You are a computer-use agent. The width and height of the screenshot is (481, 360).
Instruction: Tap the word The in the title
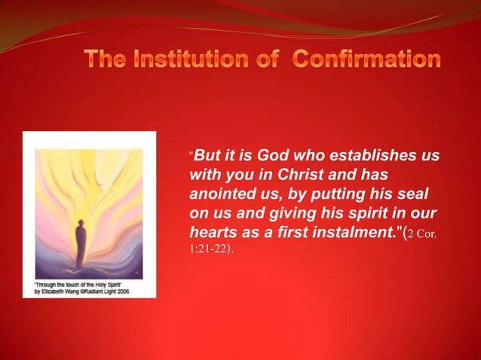click(103, 59)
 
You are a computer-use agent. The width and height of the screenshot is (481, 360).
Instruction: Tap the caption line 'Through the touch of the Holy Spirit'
click(66, 284)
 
